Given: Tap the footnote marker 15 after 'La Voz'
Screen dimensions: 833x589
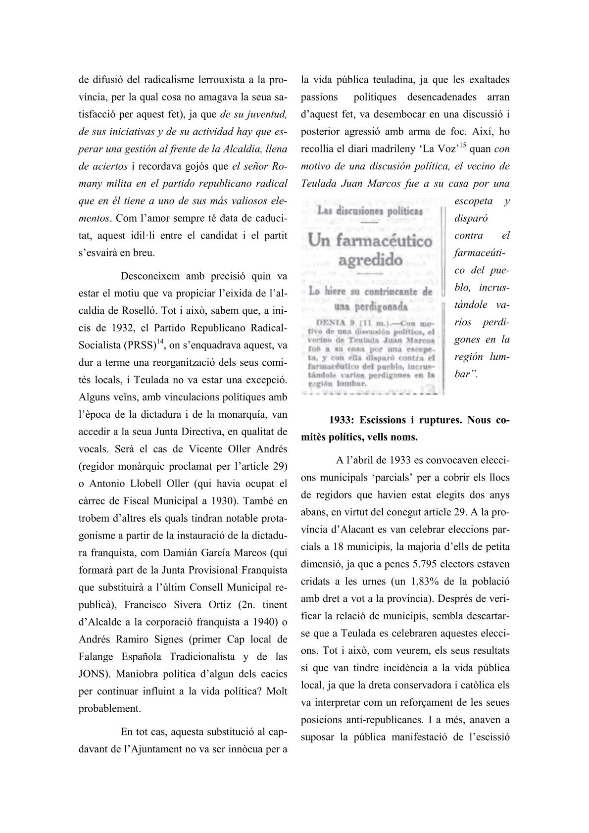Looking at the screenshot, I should [x=463, y=145].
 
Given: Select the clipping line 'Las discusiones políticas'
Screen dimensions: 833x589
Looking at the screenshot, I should [x=370, y=211].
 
